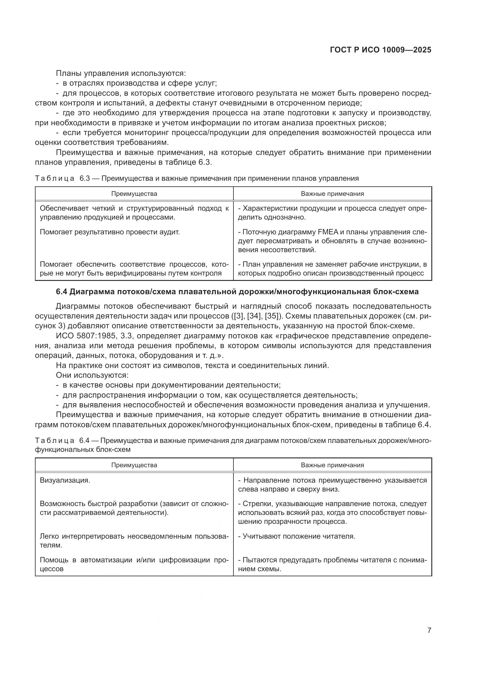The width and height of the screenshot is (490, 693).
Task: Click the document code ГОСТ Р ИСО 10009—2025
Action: [380, 50]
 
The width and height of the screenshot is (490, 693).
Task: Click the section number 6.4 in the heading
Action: [62, 292]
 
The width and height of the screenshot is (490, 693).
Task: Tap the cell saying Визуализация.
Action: [65, 480]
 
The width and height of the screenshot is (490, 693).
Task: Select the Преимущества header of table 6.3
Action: [134, 194]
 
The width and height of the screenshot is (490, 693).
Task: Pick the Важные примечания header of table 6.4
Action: [332, 465]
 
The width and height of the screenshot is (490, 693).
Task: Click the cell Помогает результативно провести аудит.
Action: [110, 232]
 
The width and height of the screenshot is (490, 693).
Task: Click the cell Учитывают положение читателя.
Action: [297, 536]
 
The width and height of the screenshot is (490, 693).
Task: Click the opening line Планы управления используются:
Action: [121, 73]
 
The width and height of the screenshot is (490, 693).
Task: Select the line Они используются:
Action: [92, 375]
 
